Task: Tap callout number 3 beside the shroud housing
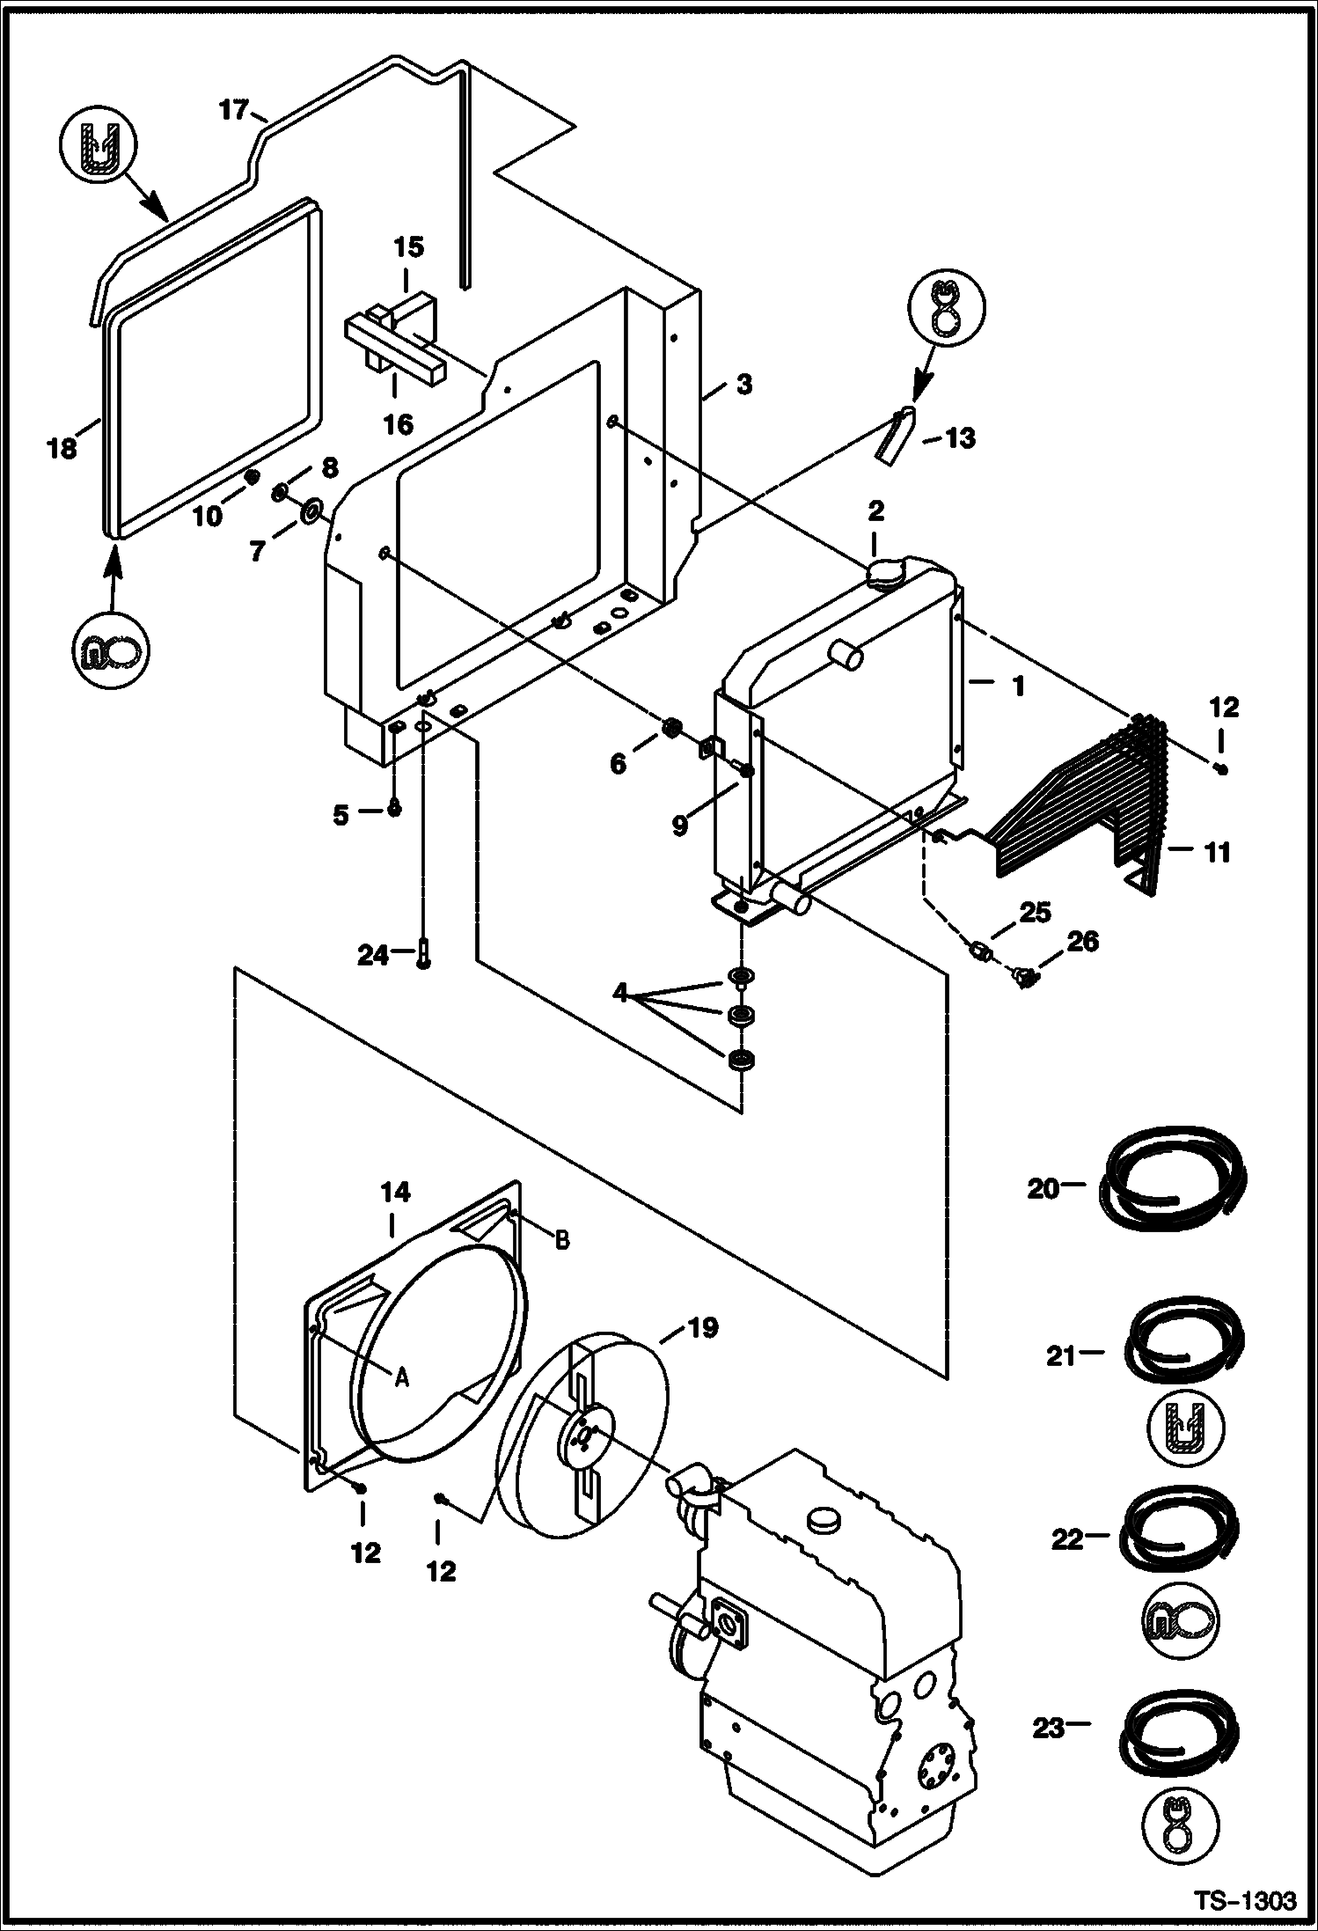(743, 385)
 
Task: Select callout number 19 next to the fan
(702, 1326)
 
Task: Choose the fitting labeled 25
(979, 951)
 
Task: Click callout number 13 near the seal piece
(958, 437)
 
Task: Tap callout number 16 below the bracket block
(399, 424)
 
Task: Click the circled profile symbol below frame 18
(111, 651)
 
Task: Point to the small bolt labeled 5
(394, 809)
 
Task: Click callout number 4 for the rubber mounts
(621, 994)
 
